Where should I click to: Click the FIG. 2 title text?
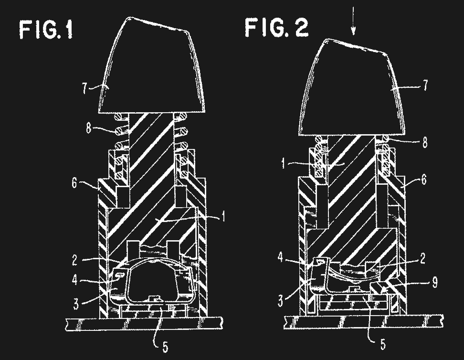pyautogui.click(x=276, y=27)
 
